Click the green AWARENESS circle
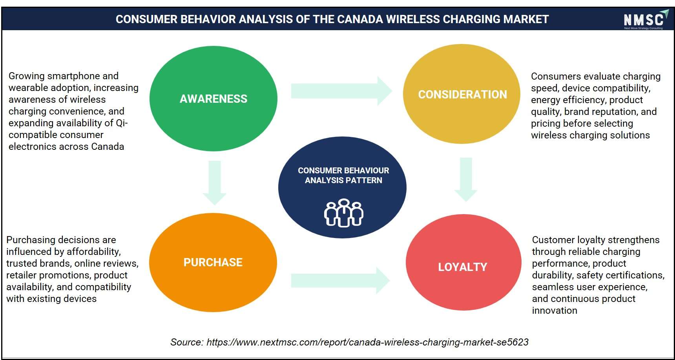[x=213, y=98]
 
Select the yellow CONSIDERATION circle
[x=462, y=94]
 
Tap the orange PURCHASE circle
[x=213, y=262]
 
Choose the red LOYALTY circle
[x=463, y=262]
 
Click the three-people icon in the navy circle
[x=343, y=213]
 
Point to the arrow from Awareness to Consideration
[x=341, y=91]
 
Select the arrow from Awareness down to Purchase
[x=214, y=183]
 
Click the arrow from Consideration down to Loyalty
[x=466, y=180]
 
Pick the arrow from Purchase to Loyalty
[x=340, y=280]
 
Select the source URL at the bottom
[x=367, y=342]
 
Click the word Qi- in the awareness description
[x=122, y=123]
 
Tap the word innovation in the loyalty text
[x=555, y=311]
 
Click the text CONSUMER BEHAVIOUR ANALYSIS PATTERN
[x=343, y=175]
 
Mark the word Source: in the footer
[x=187, y=342]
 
